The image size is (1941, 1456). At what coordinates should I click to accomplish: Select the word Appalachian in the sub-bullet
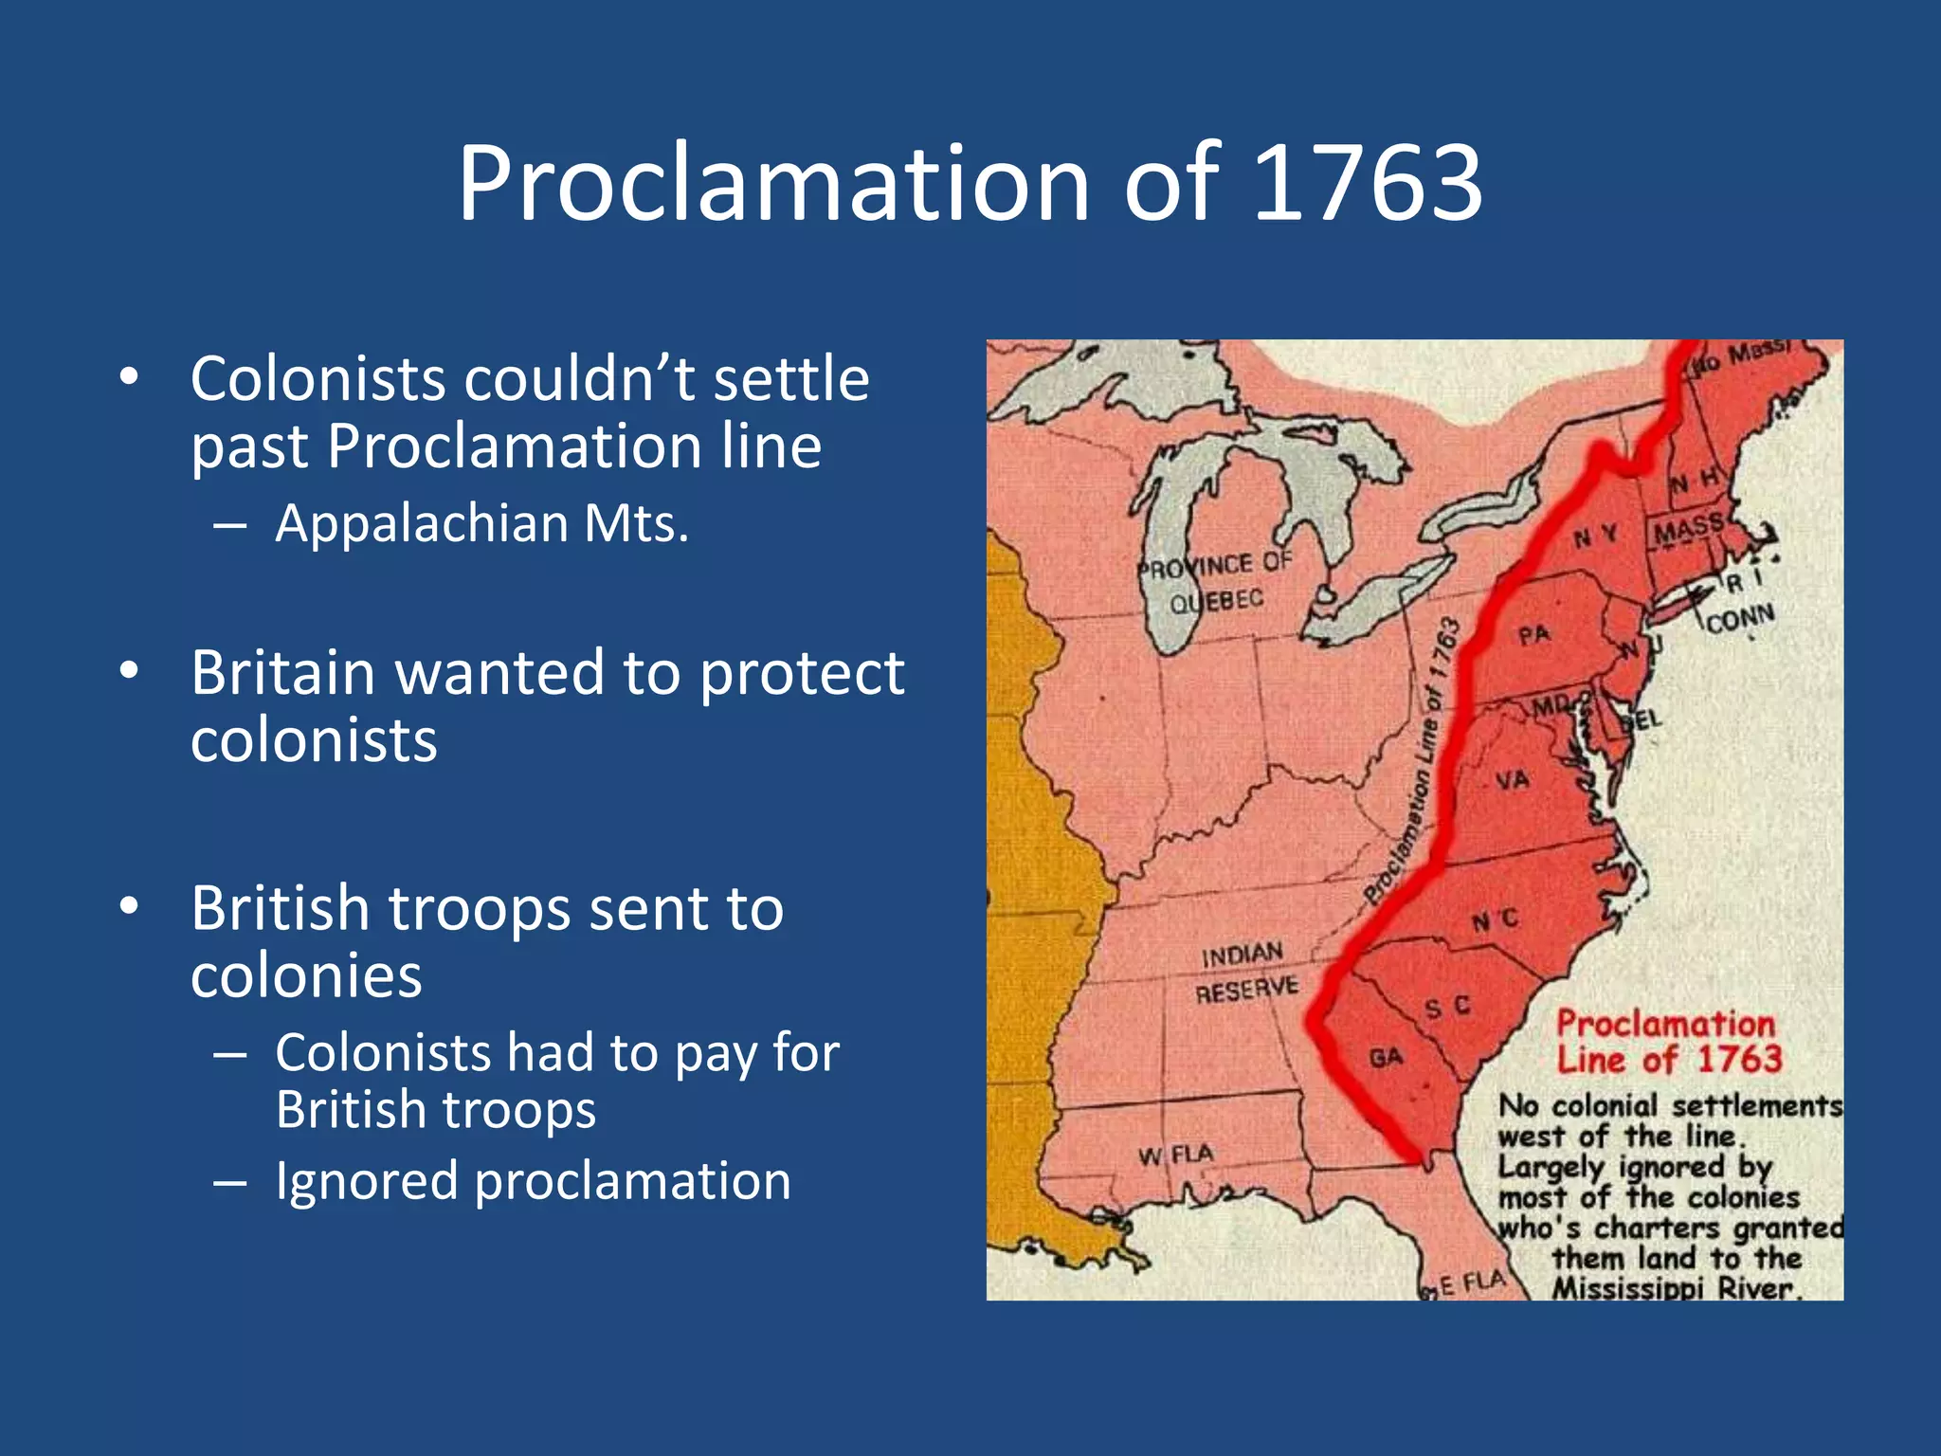tap(421, 523)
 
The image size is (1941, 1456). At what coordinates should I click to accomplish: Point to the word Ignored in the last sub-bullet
tap(367, 1181)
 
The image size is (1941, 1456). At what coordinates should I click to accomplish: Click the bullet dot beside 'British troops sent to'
tap(129, 907)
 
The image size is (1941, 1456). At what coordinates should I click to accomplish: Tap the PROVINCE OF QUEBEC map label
tap(1216, 581)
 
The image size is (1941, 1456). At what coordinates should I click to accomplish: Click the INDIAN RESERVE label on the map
tap(1245, 972)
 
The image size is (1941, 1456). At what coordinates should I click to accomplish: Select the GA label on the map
tap(1386, 1057)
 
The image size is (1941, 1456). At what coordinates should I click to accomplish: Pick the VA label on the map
tap(1513, 780)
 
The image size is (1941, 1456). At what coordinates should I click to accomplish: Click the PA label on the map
tap(1533, 634)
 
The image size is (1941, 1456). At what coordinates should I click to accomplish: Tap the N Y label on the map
tap(1596, 537)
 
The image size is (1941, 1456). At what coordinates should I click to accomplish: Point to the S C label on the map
tap(1448, 1007)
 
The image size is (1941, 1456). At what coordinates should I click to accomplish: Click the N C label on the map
tap(1496, 919)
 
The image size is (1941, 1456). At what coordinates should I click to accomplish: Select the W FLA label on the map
tap(1175, 1155)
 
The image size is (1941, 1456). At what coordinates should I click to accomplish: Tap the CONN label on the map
tap(1740, 619)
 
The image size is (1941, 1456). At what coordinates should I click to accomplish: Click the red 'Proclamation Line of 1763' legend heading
tap(1669, 1041)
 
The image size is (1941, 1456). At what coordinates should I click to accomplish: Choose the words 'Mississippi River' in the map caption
tap(1673, 1288)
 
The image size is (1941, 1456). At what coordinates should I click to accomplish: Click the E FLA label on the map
tap(1472, 1283)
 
